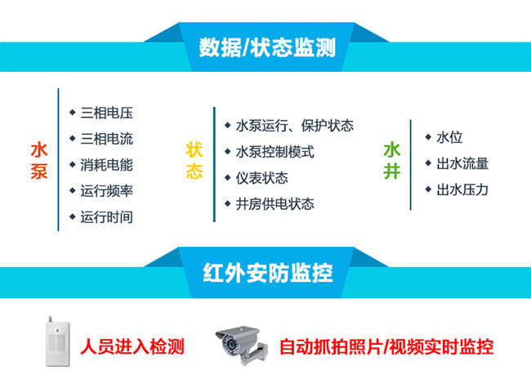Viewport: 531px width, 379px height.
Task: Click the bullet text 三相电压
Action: coord(106,112)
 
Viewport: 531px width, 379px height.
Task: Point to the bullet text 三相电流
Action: coord(106,138)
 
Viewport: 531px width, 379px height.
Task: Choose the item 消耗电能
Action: coord(106,164)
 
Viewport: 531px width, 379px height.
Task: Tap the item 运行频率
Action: coord(106,190)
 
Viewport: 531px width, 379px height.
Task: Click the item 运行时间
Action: coord(106,216)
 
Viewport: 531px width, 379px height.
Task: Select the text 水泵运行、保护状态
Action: coord(294,126)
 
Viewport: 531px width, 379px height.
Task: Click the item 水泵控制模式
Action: coord(274,152)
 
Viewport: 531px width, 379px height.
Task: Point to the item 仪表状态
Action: coord(261,178)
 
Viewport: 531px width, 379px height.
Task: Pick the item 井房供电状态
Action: coord(274,204)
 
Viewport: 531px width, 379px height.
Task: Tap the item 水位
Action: coord(450,137)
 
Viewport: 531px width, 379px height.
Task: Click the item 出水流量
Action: coord(462,163)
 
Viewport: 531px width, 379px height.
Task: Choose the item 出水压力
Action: coord(462,189)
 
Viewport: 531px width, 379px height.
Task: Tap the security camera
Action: coord(241,343)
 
